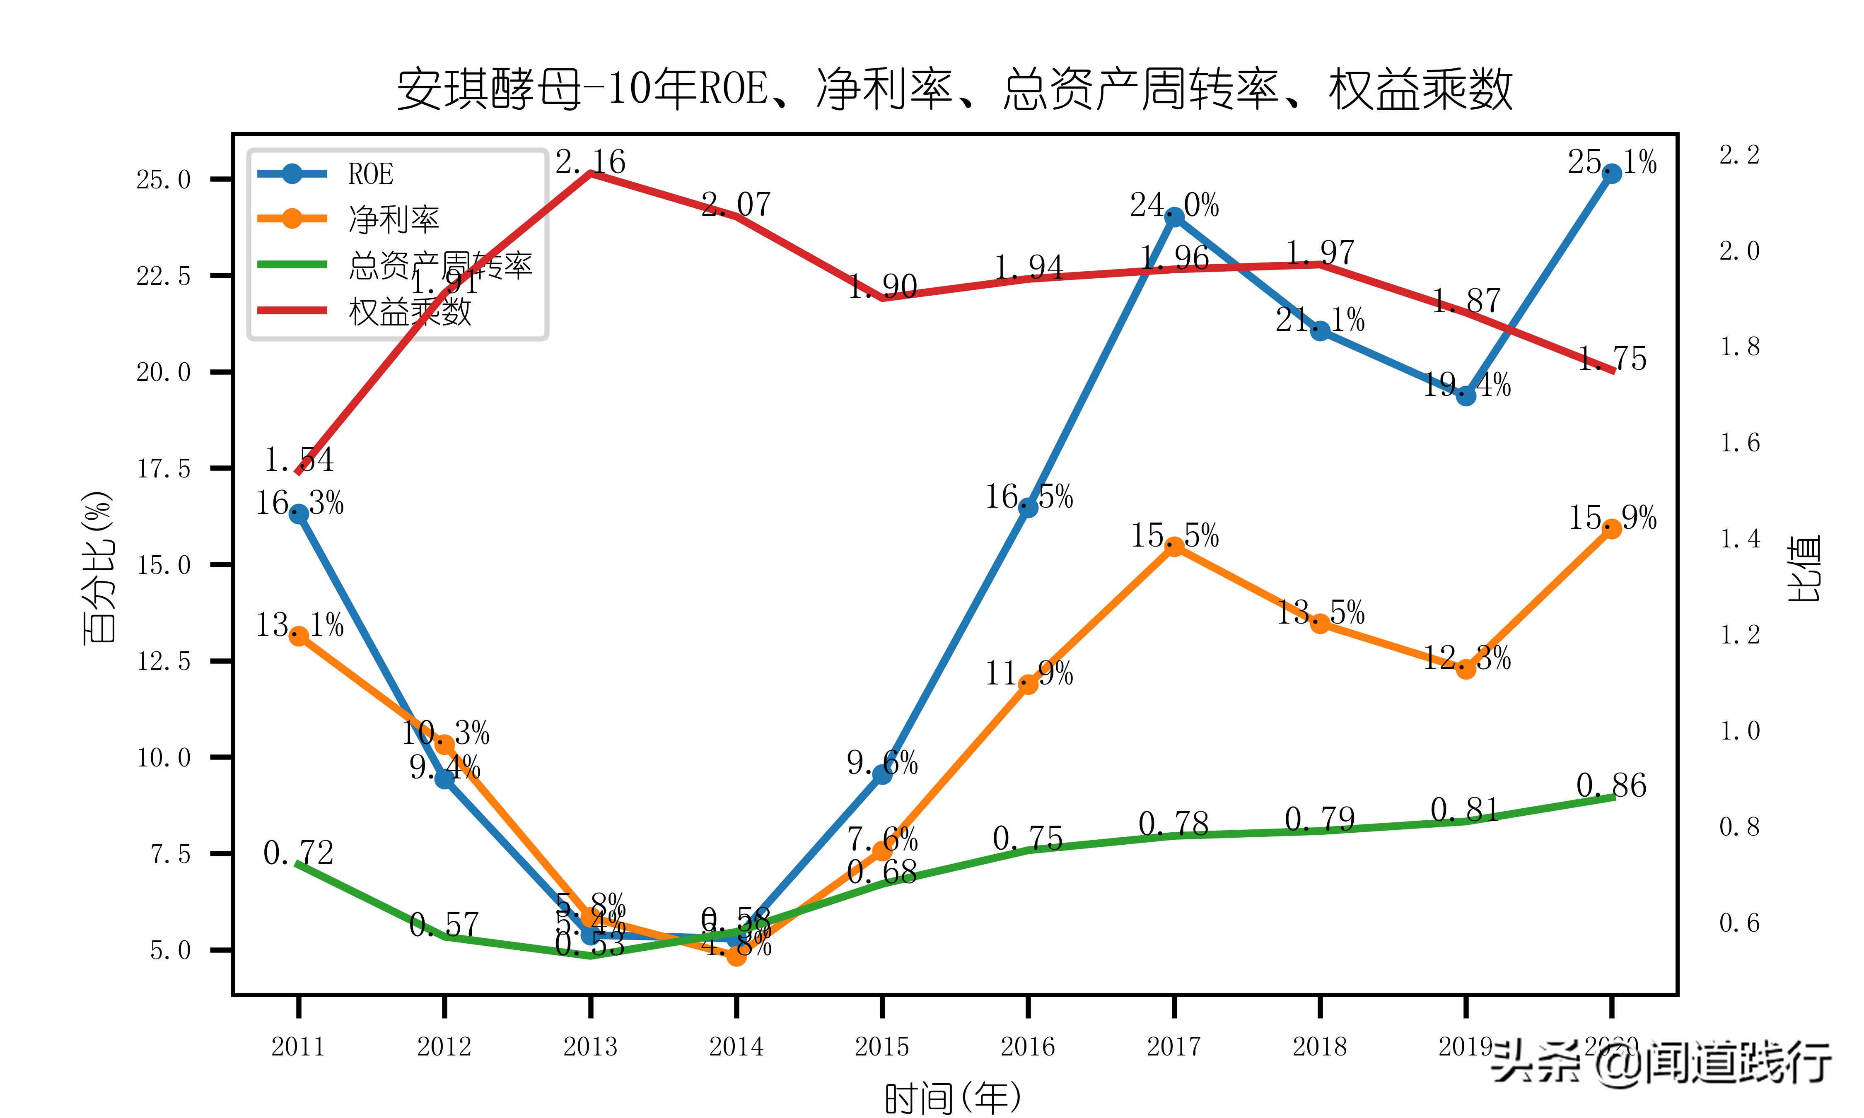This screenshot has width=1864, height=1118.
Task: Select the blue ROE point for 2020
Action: point(1612,174)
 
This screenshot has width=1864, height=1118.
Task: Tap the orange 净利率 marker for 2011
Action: point(298,636)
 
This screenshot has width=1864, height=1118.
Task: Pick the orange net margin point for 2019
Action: point(1466,668)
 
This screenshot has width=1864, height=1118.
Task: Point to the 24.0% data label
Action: point(1174,205)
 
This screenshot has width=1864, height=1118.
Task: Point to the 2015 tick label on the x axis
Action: point(882,1046)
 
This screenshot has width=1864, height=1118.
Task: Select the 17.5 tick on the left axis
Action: point(164,469)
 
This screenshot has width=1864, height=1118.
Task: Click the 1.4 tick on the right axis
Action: point(1740,539)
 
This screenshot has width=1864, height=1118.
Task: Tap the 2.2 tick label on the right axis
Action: point(1740,155)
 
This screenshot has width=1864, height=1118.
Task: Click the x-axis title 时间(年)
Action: point(953,1098)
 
